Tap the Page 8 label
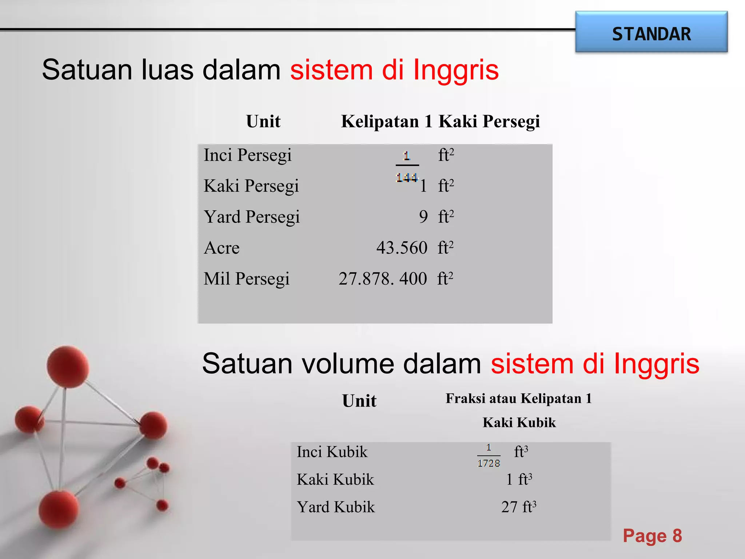(652, 536)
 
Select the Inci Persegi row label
(247, 155)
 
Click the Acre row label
(222, 248)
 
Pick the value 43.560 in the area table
(402, 248)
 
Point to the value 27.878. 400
(382, 279)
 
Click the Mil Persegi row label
(246, 279)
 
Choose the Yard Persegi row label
(251, 217)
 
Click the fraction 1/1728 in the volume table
(489, 456)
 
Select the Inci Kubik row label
(332, 452)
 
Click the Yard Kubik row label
(335, 507)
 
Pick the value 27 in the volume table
(509, 507)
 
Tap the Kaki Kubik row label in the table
(335, 480)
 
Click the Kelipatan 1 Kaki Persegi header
(440, 122)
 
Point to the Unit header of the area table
(263, 122)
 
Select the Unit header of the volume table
(359, 401)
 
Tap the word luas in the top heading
(167, 70)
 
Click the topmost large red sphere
(68, 367)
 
